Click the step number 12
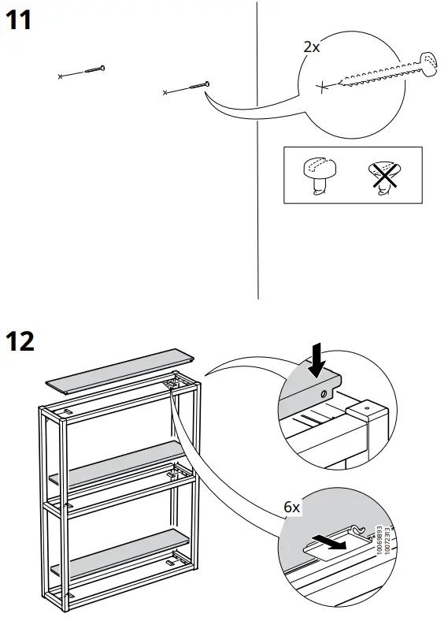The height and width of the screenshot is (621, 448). coord(21,342)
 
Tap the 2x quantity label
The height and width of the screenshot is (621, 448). coord(312,47)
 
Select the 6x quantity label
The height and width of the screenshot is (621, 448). coord(292,508)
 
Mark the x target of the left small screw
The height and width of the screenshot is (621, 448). coord(61,76)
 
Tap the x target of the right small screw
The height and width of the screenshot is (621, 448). coord(165,93)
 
